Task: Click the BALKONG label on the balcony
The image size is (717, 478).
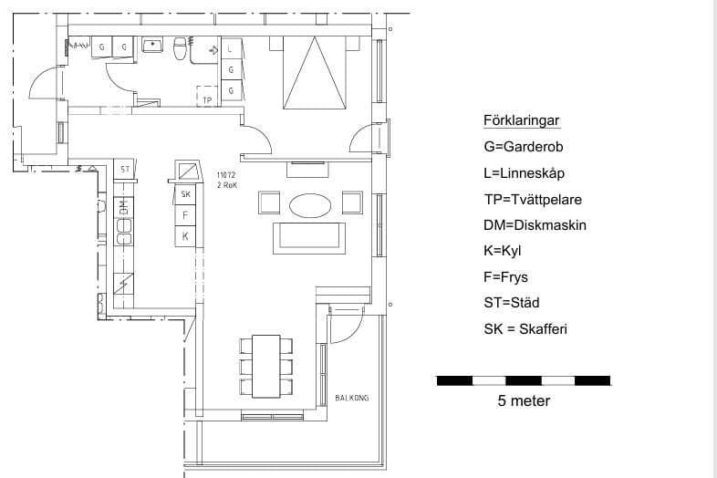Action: (x=352, y=398)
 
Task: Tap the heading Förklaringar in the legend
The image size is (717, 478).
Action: (x=521, y=120)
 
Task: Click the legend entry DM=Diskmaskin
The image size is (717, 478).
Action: (x=535, y=224)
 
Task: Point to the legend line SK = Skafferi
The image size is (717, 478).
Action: (x=525, y=328)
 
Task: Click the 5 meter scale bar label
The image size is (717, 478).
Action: (x=524, y=400)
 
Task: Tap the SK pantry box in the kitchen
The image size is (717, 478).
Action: (x=186, y=194)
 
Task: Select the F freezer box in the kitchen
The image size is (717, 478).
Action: (x=186, y=215)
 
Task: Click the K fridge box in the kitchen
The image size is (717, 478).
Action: (x=186, y=236)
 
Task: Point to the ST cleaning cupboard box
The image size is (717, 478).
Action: (x=125, y=169)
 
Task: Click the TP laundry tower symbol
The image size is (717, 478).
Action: (x=208, y=97)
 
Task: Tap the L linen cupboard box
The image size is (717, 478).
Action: (x=231, y=48)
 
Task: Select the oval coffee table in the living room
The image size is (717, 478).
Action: (x=310, y=204)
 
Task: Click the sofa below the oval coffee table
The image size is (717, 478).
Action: (x=311, y=237)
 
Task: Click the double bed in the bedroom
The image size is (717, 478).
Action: (x=315, y=72)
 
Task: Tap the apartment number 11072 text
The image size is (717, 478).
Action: (x=226, y=174)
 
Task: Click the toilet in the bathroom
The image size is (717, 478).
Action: (x=182, y=47)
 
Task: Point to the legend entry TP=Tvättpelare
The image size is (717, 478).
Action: (x=533, y=199)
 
